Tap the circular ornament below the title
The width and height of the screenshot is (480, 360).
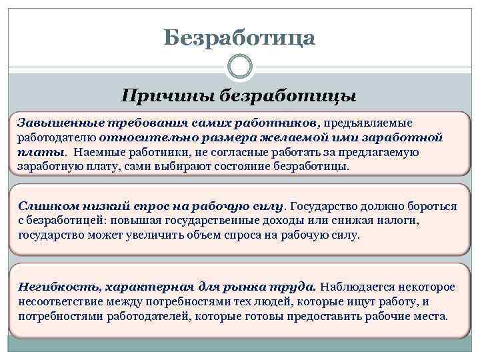point(239,67)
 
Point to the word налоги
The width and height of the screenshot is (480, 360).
point(416,221)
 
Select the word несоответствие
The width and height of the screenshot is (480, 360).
point(61,301)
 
